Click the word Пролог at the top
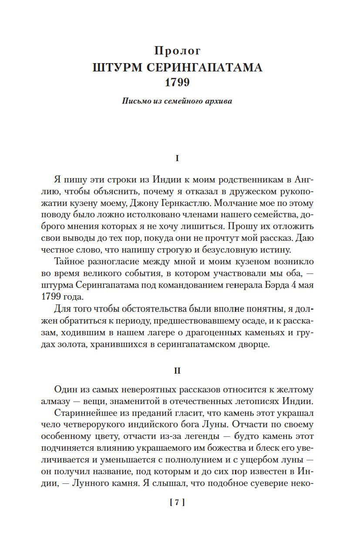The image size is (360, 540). pyautogui.click(x=177, y=51)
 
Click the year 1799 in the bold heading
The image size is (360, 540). pyautogui.click(x=177, y=83)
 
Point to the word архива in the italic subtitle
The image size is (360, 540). pyautogui.click(x=218, y=102)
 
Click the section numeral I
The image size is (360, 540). pyautogui.click(x=177, y=159)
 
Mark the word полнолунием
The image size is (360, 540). pyautogui.click(x=198, y=457)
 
